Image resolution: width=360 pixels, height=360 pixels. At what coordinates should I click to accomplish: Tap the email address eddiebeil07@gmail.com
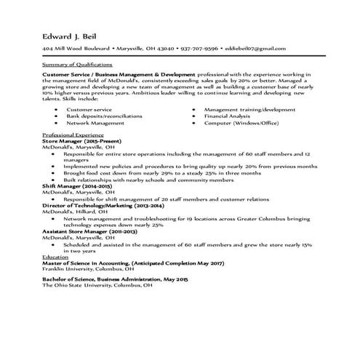click(x=255, y=48)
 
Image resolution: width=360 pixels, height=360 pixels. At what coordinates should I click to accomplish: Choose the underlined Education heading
click(x=55, y=257)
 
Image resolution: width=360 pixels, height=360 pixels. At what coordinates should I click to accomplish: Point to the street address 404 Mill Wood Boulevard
click(x=76, y=48)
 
